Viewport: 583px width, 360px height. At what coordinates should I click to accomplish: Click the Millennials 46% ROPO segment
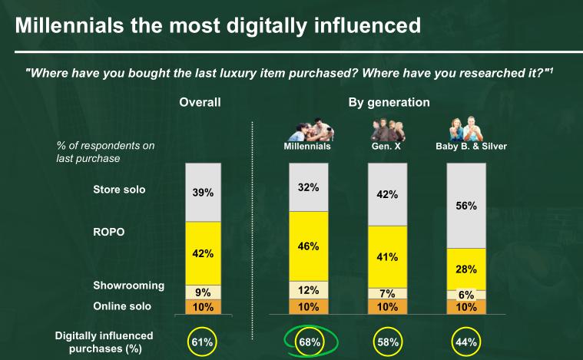point(308,246)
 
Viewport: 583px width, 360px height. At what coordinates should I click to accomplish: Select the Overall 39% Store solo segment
point(203,192)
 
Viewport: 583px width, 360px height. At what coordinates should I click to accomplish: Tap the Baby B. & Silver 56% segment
point(466,205)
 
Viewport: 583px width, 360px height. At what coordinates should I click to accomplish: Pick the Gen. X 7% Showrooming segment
point(387,293)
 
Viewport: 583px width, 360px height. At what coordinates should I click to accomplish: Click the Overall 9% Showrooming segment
point(203,292)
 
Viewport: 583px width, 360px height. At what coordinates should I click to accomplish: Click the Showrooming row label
point(129,286)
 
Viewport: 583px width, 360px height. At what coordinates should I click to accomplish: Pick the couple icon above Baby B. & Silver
point(465,127)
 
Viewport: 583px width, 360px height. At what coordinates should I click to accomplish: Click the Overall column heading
point(200,102)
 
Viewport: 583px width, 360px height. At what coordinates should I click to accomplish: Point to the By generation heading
point(389,102)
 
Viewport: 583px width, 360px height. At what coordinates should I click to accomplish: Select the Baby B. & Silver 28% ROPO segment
point(466,269)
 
